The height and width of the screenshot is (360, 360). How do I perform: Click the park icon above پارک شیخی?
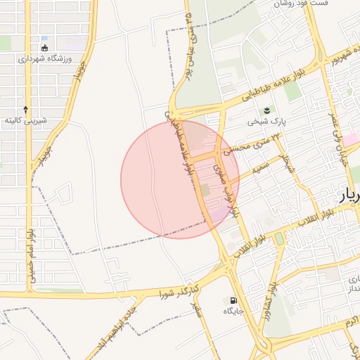coord(267,110)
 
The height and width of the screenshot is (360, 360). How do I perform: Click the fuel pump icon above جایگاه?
coord(233,300)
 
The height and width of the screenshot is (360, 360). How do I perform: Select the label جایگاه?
coord(233,311)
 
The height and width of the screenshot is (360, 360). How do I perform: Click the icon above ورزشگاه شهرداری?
coord(45,48)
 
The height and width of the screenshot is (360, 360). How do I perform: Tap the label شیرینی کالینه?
coord(26,121)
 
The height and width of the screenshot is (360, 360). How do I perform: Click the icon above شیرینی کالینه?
coord(26,110)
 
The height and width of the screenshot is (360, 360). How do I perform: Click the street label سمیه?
coord(255,172)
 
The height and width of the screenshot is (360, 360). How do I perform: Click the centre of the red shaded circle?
coord(180,179)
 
